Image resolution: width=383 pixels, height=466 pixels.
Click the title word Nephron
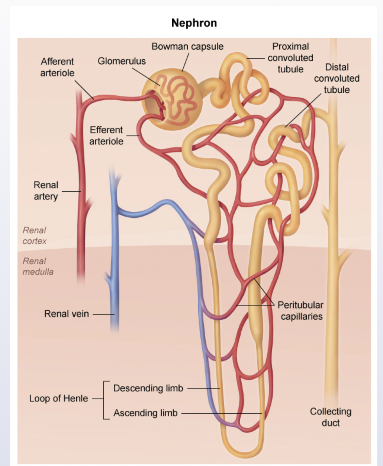pos(194,23)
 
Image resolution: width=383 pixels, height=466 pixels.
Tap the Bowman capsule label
pos(187,46)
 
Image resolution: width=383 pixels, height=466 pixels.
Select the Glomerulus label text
pos(122,61)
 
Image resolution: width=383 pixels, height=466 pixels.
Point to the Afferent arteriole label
pos(57,67)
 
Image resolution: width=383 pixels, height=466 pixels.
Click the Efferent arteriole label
pos(106,135)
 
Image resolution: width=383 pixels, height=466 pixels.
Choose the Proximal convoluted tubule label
pos(290,58)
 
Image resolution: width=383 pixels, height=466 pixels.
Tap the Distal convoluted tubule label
pos(337,78)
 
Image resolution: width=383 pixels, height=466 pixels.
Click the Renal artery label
pos(46,190)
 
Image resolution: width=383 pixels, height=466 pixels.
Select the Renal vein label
pos(67,314)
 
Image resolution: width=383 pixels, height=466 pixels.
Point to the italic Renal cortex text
pos(35,235)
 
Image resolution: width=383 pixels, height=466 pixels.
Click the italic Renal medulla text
pos(38,266)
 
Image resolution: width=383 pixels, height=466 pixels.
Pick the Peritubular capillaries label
pos(301,311)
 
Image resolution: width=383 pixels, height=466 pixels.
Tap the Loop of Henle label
pos(58,398)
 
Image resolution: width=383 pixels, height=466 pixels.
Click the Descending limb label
pos(148,388)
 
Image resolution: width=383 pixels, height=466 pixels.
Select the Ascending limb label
pos(145,413)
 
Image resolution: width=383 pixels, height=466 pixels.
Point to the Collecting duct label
pos(331,417)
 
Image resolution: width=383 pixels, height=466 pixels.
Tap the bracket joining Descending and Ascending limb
pos(104,400)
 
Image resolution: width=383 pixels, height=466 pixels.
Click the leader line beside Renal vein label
pos(103,314)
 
